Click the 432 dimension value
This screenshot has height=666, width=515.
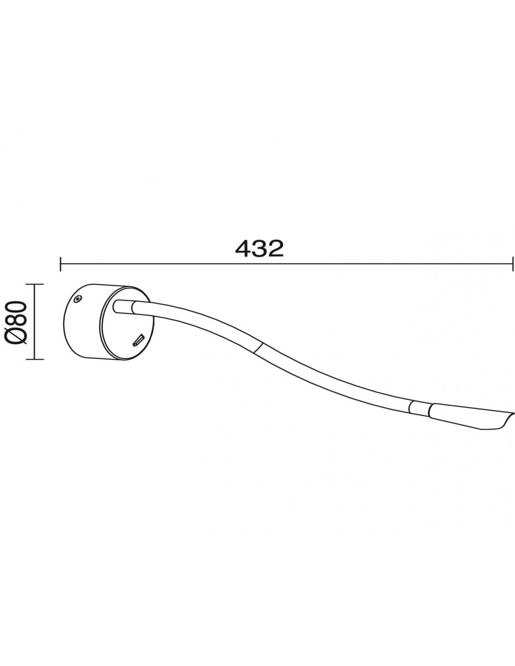(x=259, y=249)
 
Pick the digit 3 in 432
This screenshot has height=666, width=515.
(x=259, y=249)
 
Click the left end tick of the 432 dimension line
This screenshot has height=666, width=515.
(x=61, y=264)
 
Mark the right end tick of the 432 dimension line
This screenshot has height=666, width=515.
(x=513, y=264)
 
